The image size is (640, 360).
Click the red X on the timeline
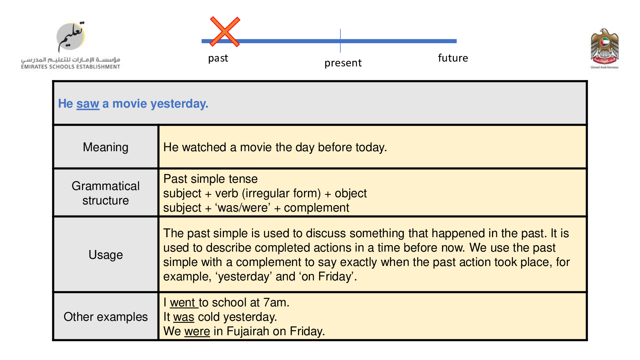coord(225,32)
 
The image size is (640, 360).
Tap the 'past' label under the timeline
coord(218,58)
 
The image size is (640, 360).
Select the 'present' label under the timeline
coord(343,63)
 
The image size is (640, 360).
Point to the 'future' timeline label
coord(453,58)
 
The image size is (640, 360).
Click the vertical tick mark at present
coord(340,40)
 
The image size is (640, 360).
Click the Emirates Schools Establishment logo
coord(70,45)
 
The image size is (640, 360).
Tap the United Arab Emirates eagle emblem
coord(604,48)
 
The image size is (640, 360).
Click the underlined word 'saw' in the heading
coord(88,104)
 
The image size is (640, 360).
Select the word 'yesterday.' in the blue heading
coord(179,104)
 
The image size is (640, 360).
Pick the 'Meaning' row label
coord(106,148)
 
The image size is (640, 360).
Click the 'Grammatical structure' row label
coord(106,194)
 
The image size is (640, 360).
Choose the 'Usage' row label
coord(106,255)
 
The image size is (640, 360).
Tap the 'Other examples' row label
coord(106,317)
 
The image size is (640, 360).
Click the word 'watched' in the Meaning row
coord(204,148)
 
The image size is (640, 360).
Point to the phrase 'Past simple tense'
coord(210,179)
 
